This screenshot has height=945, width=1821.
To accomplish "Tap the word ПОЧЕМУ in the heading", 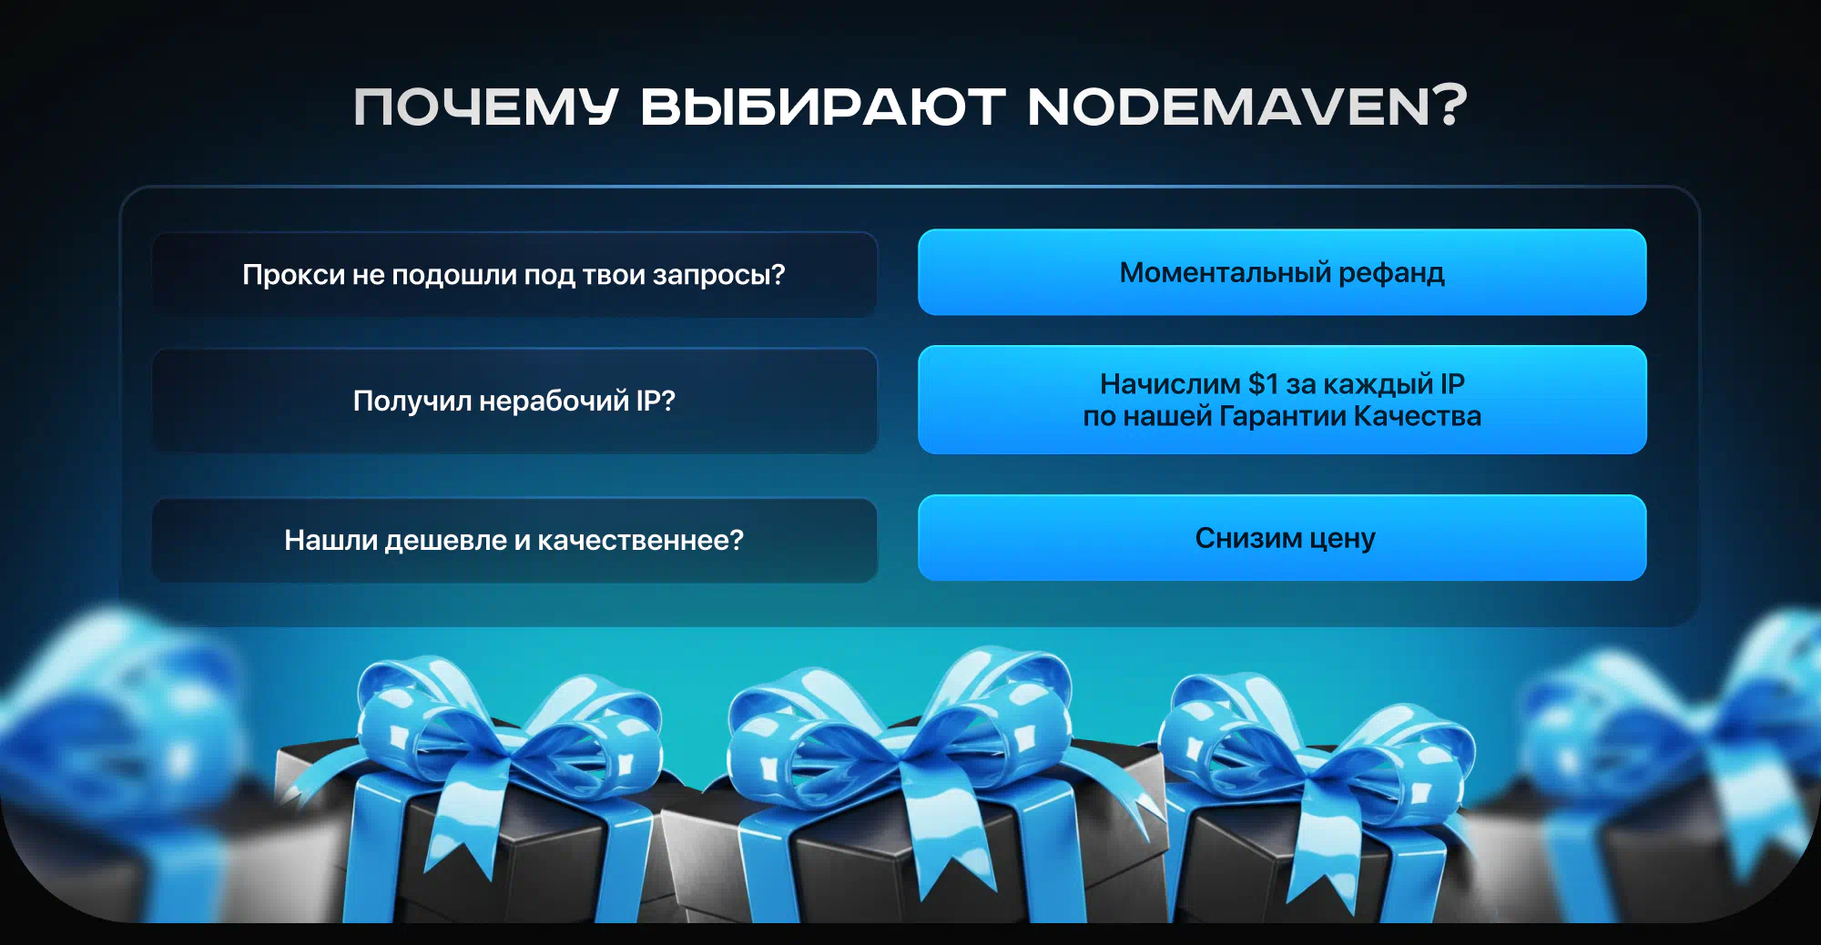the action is (x=485, y=107).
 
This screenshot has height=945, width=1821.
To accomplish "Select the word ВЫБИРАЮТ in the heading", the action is (x=823, y=107).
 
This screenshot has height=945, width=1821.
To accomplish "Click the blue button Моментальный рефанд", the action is (x=1282, y=272).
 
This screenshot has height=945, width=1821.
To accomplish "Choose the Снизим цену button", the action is (x=1282, y=538).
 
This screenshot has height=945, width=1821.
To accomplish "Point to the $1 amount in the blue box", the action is (x=1264, y=384).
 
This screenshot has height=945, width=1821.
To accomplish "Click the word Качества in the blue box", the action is (x=1418, y=416).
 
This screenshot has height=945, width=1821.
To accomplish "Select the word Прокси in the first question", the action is (x=293, y=275).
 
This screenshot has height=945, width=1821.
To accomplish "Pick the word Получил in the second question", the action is (x=412, y=401).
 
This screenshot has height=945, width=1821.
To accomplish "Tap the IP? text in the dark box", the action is (x=656, y=401).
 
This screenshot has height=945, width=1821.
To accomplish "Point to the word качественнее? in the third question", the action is (x=640, y=541).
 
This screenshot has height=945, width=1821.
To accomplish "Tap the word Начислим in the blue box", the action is (x=1170, y=384).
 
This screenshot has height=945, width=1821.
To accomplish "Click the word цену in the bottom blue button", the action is (x=1342, y=539).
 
